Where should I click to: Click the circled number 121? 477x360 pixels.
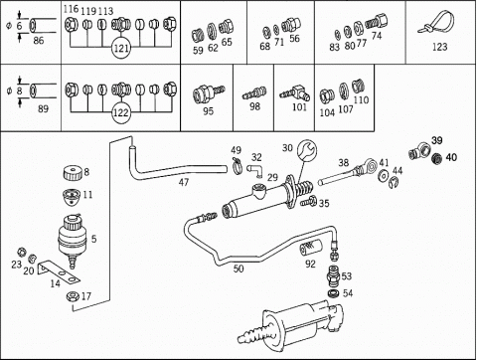coord(121,48)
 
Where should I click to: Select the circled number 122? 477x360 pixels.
coord(121,112)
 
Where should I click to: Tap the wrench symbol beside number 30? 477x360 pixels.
coord(307,151)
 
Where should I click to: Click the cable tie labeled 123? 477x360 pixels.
coord(435,23)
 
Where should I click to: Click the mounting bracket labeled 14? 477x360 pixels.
coord(58,271)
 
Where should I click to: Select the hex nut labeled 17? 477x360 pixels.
coord(73,296)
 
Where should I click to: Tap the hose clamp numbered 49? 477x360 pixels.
coord(237,165)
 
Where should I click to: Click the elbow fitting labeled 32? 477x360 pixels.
coord(255,169)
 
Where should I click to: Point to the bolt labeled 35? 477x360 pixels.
coord(309,201)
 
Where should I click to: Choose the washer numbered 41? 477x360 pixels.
coord(384,176)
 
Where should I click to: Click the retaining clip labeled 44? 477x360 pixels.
coord(394,183)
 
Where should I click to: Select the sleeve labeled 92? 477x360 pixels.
coord(310,249)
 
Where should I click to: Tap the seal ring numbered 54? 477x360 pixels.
coord(333,293)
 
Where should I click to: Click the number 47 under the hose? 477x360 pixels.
coord(184,182)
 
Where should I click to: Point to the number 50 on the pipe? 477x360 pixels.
coord(238,269)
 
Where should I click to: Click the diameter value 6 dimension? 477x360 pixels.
coord(19,26)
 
